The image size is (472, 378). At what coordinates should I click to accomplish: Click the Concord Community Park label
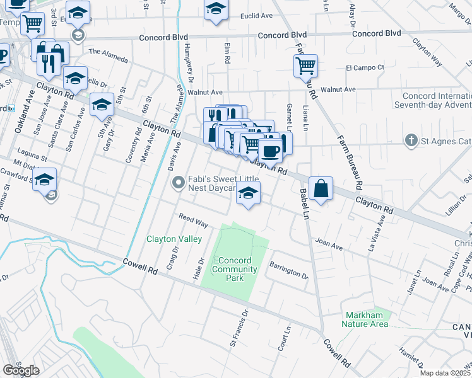(235, 269)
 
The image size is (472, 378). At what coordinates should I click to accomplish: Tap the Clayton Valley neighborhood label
(174, 239)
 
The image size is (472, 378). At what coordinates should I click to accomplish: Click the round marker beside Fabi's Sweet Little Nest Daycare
(179, 183)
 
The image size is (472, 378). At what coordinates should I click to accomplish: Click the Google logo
(21, 370)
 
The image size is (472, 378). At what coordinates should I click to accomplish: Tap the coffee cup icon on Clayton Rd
(271, 151)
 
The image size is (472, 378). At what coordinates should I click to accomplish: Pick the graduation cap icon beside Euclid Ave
(216, 9)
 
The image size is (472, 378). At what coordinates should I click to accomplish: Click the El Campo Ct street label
(365, 67)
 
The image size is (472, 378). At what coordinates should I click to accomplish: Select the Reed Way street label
(193, 220)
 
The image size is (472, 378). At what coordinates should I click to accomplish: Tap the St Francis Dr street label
(239, 326)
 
